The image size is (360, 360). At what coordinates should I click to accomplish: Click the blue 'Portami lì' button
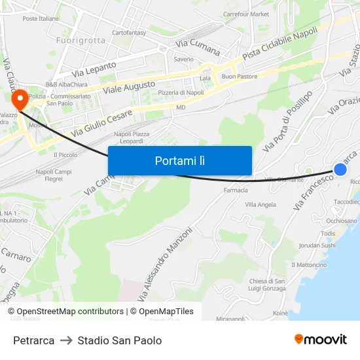pos(180,160)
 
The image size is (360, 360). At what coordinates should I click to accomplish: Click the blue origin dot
pos(340,170)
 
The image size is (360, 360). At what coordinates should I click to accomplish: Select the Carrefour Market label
pos(246,14)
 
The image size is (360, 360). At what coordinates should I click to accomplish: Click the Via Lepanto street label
pos(94,68)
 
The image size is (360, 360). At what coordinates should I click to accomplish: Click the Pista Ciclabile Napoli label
pos(279,45)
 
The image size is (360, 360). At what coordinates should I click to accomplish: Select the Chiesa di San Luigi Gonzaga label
pos(267,285)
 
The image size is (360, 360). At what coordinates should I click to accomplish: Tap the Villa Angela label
pos(261,204)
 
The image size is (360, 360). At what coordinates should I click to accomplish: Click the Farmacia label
pos(236,190)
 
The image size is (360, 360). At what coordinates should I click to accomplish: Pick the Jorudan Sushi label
pos(317,245)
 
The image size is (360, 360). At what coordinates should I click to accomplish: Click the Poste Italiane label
pos(41,19)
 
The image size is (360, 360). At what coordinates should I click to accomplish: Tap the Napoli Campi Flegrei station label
pos(54,175)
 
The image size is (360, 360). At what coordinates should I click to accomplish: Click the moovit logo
pos(321,339)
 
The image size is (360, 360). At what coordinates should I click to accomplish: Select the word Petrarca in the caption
pos(33,340)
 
